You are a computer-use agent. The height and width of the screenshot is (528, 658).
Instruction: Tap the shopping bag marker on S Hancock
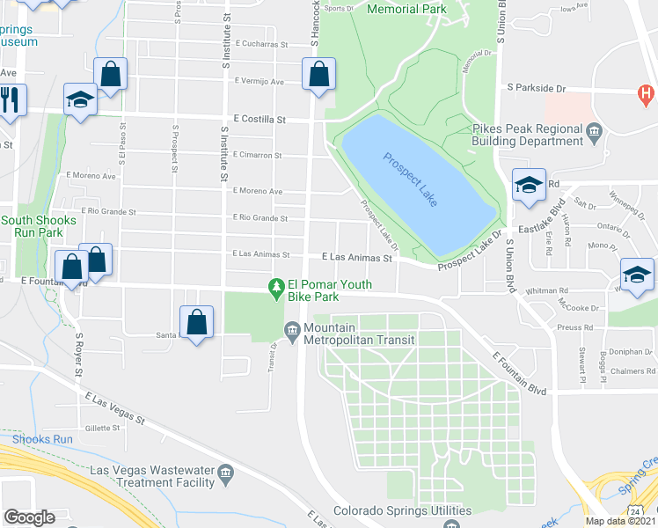(318, 75)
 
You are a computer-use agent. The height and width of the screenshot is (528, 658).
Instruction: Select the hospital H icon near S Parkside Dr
(647, 92)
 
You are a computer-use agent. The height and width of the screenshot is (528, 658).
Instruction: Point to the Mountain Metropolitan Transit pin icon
(292, 331)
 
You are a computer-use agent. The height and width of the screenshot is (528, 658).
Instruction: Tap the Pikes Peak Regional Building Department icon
(594, 133)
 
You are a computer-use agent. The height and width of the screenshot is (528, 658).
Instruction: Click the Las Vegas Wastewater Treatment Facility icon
(226, 475)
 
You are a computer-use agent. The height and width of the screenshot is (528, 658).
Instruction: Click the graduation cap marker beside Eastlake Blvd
(529, 187)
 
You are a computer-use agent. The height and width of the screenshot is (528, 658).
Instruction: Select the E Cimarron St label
(257, 155)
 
